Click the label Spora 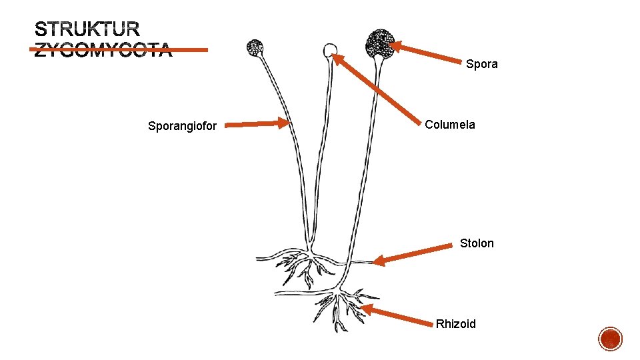tap(481, 64)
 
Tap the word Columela tap(450, 125)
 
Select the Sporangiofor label tap(182, 125)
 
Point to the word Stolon tap(477, 243)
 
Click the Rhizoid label tap(456, 324)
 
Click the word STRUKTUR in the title tap(87, 29)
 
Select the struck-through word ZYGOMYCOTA tap(103, 50)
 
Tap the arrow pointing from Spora tap(427, 53)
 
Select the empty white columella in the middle tap(329, 49)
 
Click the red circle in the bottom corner tap(611, 339)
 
